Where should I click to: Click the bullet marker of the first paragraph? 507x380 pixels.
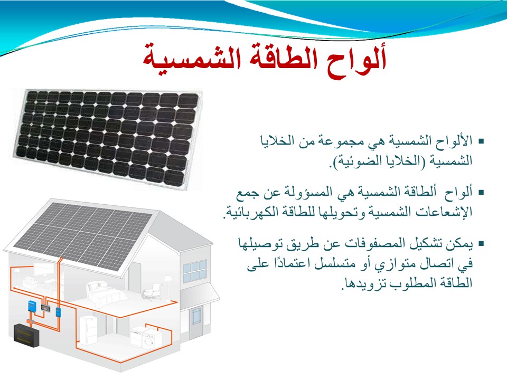click(481, 141)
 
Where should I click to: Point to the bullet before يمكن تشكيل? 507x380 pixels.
click(481, 243)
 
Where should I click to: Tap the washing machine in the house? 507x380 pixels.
click(152, 340)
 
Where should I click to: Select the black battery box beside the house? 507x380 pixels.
click(26, 335)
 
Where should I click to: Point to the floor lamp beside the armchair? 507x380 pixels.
click(168, 287)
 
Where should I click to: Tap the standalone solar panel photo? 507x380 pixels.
click(106, 138)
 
